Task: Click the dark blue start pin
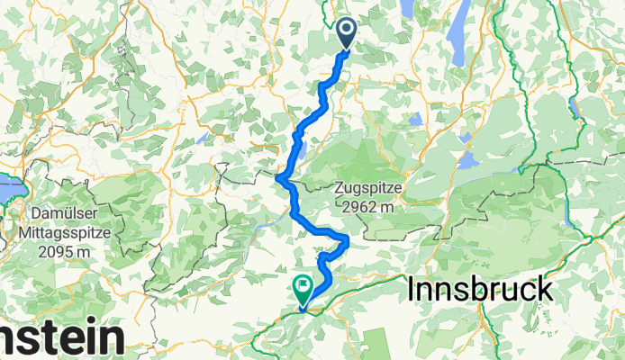[348, 34]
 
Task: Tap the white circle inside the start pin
[348, 31]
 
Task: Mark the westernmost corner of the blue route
[278, 179]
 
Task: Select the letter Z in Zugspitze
[338, 188]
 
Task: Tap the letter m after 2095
[93, 252]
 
